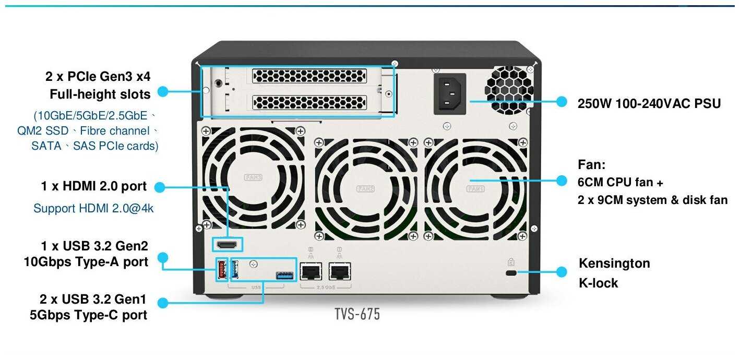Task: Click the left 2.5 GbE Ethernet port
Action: pos(311,271)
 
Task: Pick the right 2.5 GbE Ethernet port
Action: pos(340,271)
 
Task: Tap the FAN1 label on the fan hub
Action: pos(475,188)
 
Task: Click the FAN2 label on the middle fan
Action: pos(365,188)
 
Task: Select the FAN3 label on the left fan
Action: pos(254,177)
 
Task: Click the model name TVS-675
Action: pos(357,314)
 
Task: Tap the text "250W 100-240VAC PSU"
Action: pos(649,103)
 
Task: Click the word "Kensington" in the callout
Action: pos(614,263)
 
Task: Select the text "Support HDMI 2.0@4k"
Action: pos(93,208)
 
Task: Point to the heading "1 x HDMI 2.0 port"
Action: pos(94,186)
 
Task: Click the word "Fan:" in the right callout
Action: pos(591,165)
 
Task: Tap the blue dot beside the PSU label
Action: pos(562,102)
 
